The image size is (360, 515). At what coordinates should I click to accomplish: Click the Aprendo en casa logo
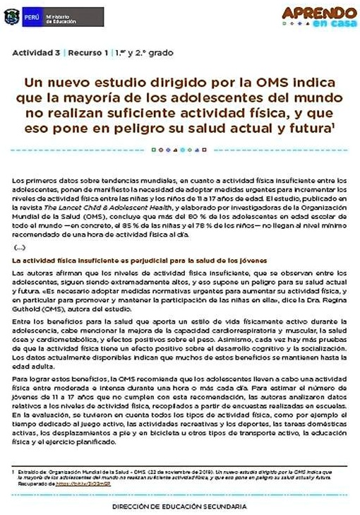coord(318,16)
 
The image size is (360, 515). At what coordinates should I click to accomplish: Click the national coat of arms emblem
coord(11,16)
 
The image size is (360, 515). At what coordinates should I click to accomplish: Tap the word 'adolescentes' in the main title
coord(224,98)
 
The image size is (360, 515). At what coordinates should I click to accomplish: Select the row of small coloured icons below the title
coord(180,150)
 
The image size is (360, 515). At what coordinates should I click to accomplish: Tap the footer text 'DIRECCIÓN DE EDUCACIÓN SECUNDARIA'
coord(180,507)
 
